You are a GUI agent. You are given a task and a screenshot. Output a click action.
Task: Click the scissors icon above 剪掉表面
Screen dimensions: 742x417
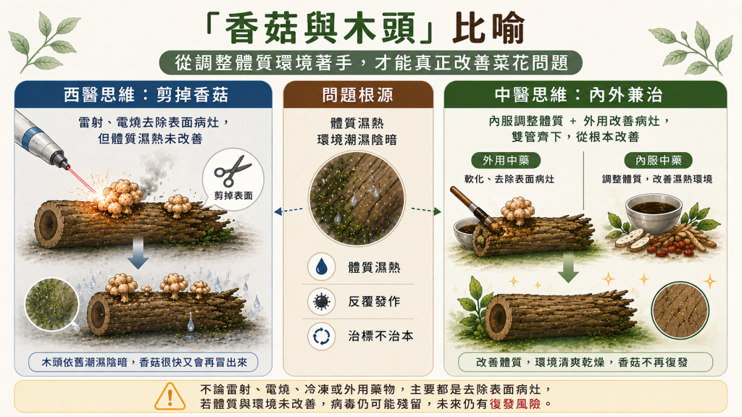click(233, 171)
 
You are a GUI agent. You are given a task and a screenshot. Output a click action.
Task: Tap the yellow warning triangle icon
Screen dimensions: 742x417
click(170, 396)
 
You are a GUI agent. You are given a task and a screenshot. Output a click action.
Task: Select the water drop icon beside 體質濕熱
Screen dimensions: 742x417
click(321, 266)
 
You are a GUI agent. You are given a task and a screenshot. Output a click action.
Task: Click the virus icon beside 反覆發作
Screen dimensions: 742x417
click(321, 302)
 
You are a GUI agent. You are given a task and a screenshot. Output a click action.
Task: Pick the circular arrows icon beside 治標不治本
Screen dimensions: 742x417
click(321, 337)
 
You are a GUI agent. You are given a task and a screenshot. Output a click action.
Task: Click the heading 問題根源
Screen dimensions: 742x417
click(358, 95)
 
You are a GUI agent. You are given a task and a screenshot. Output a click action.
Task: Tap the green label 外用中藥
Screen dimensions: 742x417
click(506, 160)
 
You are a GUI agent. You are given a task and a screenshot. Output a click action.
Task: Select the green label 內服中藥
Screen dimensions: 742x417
click(658, 160)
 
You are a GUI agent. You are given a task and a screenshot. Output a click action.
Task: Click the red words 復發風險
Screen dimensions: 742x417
click(515, 404)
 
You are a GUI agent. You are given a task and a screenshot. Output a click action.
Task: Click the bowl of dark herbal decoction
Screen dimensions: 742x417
click(654, 214)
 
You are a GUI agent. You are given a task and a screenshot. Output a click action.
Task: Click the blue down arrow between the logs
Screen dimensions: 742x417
click(138, 253)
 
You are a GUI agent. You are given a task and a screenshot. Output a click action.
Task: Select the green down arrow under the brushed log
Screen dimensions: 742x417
click(568, 267)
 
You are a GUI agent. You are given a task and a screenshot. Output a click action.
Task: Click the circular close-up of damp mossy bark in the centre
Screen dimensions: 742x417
click(357, 198)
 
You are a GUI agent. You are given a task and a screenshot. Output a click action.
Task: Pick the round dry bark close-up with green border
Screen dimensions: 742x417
click(680, 311)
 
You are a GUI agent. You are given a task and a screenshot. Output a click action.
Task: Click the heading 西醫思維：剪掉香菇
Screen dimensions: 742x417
click(146, 95)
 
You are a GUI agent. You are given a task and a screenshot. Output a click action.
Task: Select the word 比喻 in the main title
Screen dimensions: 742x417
click(488, 29)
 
